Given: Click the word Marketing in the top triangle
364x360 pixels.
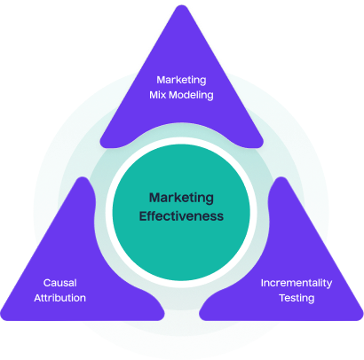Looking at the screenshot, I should pos(182,78).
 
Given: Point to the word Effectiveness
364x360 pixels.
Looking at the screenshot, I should pos(181,215).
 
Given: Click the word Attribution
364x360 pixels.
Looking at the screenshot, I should pos(60,299).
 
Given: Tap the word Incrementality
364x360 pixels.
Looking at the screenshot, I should pos(297,283).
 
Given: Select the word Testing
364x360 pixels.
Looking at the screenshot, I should pos(297,299).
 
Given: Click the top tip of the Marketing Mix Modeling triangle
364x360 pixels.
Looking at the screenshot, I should pos(182,7).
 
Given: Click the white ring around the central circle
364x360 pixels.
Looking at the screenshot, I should pos(182,282).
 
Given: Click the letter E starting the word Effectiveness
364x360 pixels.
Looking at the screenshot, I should pos(141,215).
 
